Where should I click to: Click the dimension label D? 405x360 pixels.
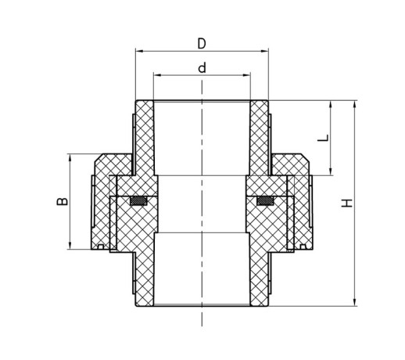202,44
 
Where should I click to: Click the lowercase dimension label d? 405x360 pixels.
202,67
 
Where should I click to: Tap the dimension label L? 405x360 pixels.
323,138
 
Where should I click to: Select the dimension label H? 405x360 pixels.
347,203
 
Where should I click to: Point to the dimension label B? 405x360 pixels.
63,201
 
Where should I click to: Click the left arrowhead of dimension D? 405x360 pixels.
140,51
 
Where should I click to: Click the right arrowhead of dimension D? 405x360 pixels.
264,51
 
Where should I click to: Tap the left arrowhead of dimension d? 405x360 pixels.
158,75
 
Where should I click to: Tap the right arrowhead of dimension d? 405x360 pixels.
246,75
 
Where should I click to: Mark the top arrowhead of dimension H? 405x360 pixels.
354,105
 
